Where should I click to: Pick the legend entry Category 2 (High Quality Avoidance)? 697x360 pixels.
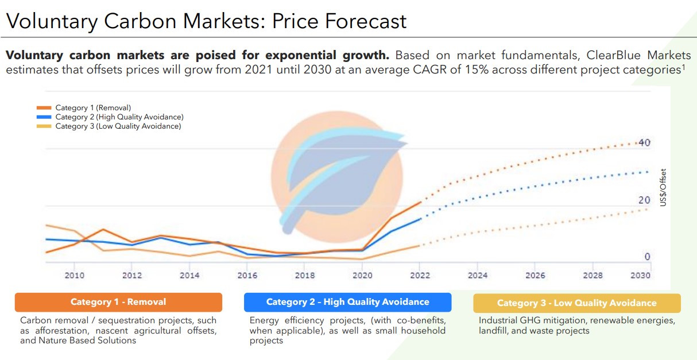click(x=119, y=117)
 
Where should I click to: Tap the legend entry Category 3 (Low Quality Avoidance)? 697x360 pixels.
click(x=118, y=126)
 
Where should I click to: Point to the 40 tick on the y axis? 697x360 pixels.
click(x=644, y=142)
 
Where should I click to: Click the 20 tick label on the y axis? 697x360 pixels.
click(x=644, y=200)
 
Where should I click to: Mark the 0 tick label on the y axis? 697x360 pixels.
click(x=647, y=257)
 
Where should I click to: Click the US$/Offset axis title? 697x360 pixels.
click(x=663, y=188)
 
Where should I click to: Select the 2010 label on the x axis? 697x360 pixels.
click(x=74, y=276)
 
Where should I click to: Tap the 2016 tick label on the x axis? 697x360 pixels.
click(x=247, y=276)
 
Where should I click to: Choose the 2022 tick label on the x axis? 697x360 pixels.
click(x=420, y=276)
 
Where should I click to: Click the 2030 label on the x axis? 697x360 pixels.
click(x=640, y=276)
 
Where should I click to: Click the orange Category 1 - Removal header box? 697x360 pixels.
click(x=118, y=302)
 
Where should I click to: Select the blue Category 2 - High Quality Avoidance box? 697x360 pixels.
click(x=347, y=302)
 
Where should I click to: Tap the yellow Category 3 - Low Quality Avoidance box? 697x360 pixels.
click(x=576, y=303)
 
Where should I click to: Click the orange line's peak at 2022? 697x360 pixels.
click(x=421, y=202)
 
